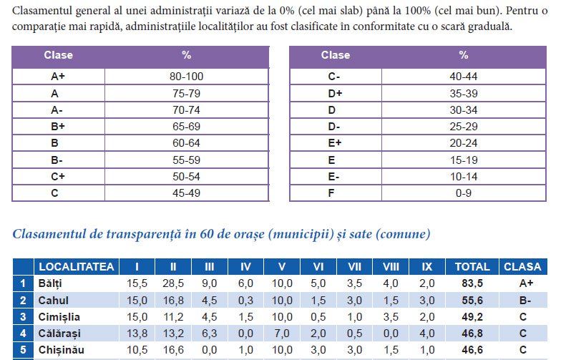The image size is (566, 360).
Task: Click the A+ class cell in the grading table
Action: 58,77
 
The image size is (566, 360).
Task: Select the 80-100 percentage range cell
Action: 186,77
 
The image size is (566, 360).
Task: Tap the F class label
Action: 331,193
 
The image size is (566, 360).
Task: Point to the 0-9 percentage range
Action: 464,193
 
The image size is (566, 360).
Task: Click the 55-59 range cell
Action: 186,160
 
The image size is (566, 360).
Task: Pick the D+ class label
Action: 335,94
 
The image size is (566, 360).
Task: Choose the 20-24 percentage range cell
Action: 464,143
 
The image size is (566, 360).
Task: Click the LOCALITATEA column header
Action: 77,267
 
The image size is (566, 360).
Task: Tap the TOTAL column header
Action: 472,267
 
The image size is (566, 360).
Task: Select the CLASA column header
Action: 522,267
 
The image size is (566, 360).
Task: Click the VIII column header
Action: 391,267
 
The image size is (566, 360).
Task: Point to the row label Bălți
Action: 50,283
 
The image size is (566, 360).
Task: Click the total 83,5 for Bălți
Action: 472,283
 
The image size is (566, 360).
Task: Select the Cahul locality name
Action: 54,301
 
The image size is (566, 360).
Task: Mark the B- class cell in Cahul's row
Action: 524,301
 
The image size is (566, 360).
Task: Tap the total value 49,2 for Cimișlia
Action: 472,317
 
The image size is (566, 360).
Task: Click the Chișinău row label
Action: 62,350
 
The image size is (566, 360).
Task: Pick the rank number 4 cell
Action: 23,334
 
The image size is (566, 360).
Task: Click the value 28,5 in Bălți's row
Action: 173,283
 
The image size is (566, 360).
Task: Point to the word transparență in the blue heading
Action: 144,234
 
